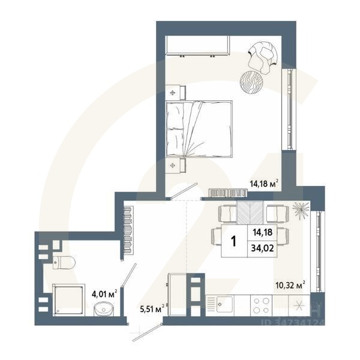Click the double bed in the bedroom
pos(198,128)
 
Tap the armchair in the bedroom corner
pos(262,55)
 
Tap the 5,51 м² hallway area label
pos(152,309)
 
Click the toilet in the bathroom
pos(63,262)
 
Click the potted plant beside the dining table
pos(300,210)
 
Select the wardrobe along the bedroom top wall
pos(199,46)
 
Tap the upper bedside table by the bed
pos(174,92)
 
